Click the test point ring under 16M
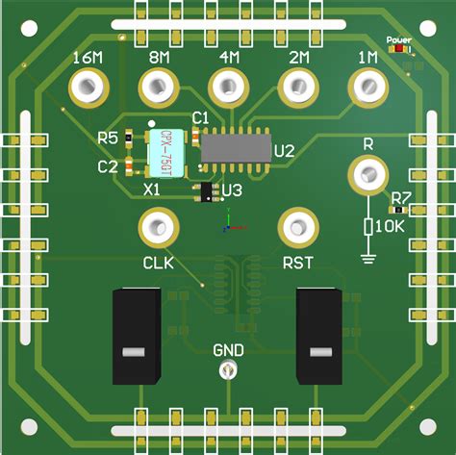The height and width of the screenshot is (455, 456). coord(88,89)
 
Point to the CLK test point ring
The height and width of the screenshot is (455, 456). coord(158,228)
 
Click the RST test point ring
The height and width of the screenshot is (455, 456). coord(297,228)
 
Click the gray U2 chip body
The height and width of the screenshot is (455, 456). coord(235,146)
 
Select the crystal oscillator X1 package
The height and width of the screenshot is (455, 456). coord(166,149)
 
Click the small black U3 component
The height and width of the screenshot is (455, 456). coord(206,191)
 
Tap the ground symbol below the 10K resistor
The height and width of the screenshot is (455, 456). coord(367,256)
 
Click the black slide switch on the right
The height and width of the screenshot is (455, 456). coord(318,337)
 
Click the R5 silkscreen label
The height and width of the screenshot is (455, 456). coord(109,138)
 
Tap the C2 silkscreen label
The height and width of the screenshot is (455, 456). coord(109,166)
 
